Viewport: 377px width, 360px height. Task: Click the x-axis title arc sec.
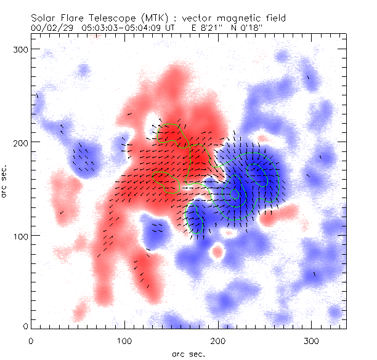click(x=188, y=354)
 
